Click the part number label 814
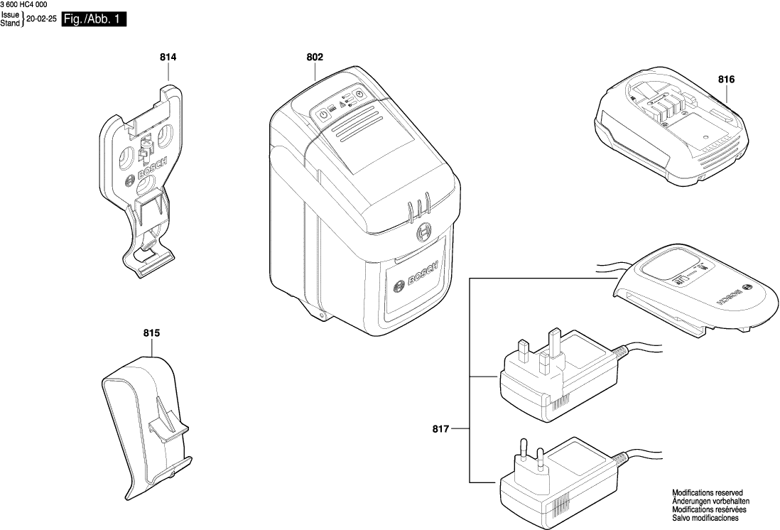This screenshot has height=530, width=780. tap(168, 56)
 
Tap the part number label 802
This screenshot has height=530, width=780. tap(315, 56)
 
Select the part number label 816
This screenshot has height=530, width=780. tap(725, 80)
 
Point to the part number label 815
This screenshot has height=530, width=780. tap(151, 332)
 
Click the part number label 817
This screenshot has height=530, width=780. tap(441, 428)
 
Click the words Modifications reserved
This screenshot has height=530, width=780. tap(707, 492)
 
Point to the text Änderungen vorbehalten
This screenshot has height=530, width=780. tap(708, 501)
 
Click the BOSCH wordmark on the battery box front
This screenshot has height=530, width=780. tap(416, 281)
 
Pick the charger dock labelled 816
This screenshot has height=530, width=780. tap(669, 132)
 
